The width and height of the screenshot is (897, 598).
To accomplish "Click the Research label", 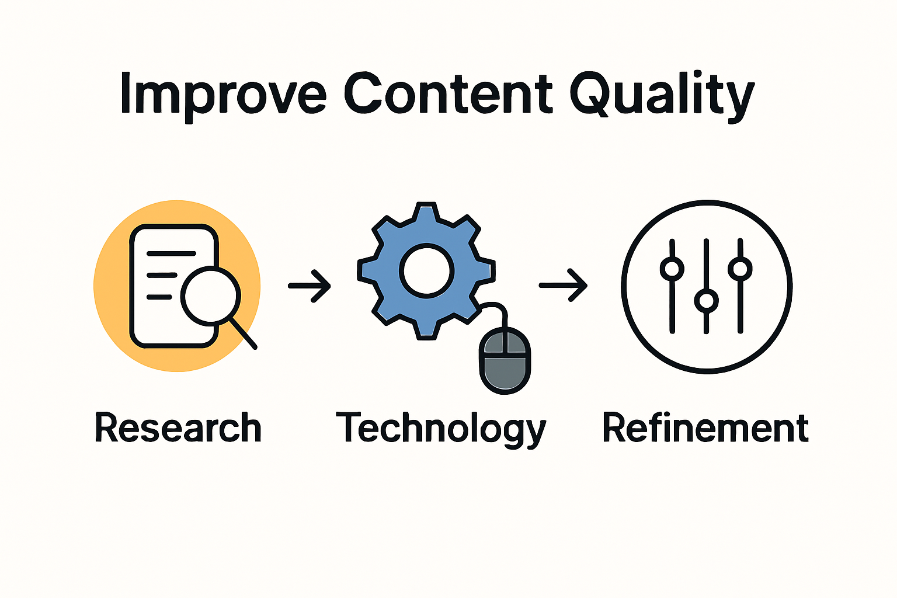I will point(178,428).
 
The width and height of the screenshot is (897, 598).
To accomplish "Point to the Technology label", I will point(441,429).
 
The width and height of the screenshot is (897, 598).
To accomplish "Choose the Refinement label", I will point(705,428).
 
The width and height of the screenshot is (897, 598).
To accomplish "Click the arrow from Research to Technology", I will point(310,286).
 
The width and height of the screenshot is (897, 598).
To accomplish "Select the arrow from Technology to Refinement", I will point(563,285).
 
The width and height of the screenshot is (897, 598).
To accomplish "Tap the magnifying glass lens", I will point(210,295).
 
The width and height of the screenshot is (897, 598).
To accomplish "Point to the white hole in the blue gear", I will point(426,271).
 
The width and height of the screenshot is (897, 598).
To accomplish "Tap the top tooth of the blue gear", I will point(426,213).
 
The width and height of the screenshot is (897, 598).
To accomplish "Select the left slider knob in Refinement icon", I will point(672,269).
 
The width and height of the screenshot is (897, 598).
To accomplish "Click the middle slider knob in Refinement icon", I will point(706,301).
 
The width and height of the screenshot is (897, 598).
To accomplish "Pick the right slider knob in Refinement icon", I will point(740,269).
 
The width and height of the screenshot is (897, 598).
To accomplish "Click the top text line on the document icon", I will point(171,253).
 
